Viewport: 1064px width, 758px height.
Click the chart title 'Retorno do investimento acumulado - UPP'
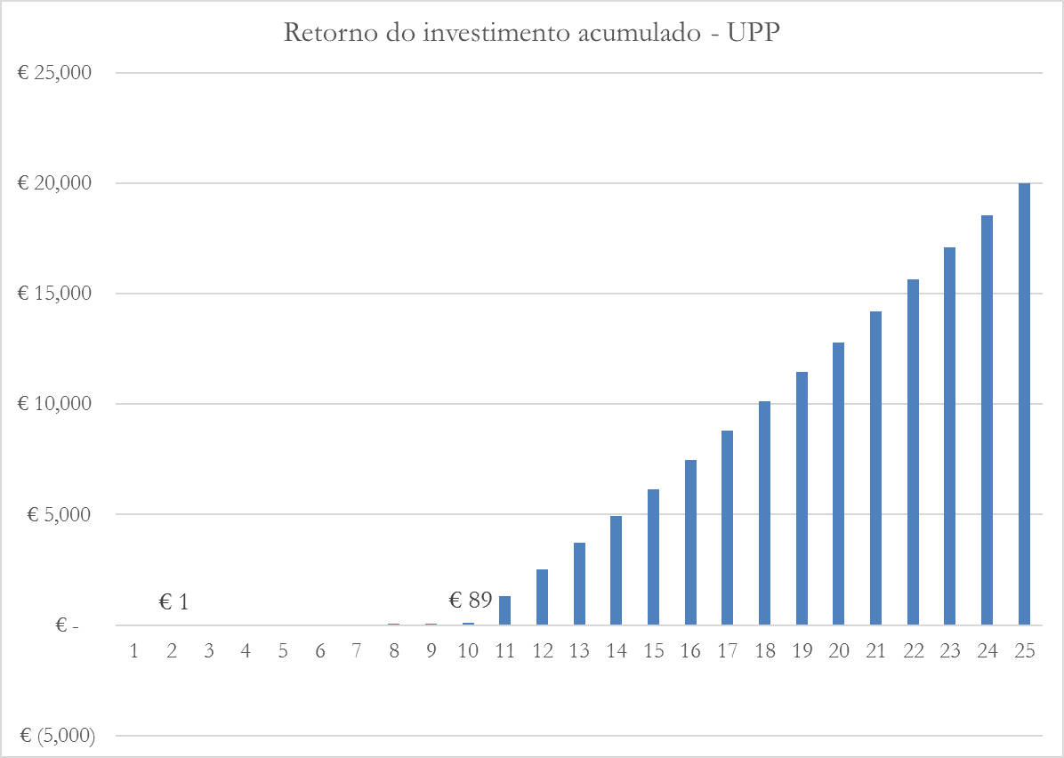(x=532, y=33)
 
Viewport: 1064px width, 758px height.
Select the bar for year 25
(x=1024, y=404)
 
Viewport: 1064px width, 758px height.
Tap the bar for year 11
(x=504, y=610)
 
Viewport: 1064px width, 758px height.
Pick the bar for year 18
(x=764, y=513)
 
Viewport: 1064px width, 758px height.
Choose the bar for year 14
(x=616, y=570)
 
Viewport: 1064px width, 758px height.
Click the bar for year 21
(x=875, y=468)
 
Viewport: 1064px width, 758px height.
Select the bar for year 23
(x=950, y=436)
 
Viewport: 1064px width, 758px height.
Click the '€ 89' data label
(x=471, y=601)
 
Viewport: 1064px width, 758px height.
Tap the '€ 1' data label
(x=173, y=602)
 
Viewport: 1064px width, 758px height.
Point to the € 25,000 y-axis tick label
(x=55, y=73)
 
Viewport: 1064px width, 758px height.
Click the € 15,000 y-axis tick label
(x=55, y=294)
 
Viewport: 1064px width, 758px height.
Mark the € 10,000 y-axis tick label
(x=55, y=404)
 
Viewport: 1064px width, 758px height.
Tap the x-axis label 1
(x=134, y=651)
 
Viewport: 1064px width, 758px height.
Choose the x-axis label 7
(x=357, y=651)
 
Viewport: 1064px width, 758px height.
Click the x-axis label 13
(x=579, y=651)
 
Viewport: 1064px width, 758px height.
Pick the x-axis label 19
(x=802, y=651)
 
